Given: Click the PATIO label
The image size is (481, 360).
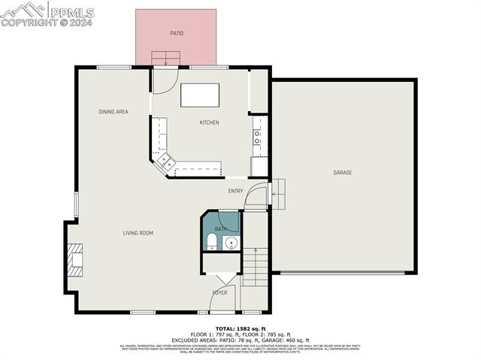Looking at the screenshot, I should tap(176, 33).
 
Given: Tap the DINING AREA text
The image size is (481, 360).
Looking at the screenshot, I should tap(113, 112).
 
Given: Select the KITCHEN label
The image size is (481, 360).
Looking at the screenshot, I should tap(209, 123).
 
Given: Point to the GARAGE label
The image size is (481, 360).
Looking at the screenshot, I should tap(343, 173).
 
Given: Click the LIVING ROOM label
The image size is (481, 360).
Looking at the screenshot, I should tap(138, 233).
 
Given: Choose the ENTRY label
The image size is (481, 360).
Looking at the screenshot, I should tap(235, 191).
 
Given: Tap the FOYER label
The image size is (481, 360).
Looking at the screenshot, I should tap(219, 292).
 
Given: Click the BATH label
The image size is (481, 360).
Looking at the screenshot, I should tap(220, 228).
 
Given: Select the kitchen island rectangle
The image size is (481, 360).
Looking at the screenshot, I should tap(200, 96).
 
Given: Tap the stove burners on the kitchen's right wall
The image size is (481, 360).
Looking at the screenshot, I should tap(257, 137).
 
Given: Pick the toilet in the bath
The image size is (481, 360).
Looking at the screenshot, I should tap(212, 241).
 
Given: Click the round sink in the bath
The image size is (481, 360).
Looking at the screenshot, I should tap(231, 242).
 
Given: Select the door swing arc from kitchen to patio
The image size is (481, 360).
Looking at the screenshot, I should tap(165, 77).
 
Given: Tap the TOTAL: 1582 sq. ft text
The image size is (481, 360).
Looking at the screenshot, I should tap(240, 328).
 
